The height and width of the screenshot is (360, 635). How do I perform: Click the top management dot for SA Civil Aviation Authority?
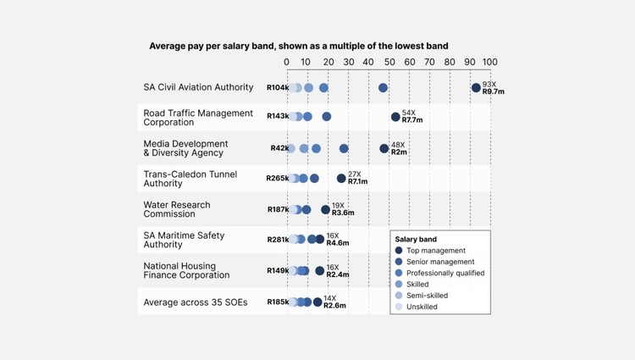pyautogui.click(x=476, y=87)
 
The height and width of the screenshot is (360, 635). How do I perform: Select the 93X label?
pyautogui.click(x=489, y=84)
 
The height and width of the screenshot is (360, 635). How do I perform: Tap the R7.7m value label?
pyautogui.click(x=412, y=120)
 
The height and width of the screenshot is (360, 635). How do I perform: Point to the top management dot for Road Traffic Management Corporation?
pyautogui.click(x=395, y=117)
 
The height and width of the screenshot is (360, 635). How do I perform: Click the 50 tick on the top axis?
pyautogui.click(x=389, y=62)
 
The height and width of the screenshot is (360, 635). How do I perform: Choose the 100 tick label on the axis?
pyautogui.click(x=490, y=62)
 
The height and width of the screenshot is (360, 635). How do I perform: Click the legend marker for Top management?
pyautogui.click(x=399, y=250)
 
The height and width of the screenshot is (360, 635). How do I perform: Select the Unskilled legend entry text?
pyautogui.click(x=422, y=307)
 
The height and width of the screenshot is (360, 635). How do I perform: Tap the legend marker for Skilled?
pyautogui.click(x=399, y=285)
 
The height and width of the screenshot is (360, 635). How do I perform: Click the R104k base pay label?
pyautogui.click(x=278, y=87)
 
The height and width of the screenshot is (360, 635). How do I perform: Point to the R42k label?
pyautogui.click(x=279, y=148)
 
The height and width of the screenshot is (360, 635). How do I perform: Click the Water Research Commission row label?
pyautogui.click(x=177, y=209)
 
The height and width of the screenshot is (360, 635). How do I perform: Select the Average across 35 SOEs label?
pyautogui.click(x=196, y=302)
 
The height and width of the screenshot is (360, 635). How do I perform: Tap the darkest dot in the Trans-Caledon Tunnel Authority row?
pyautogui.click(x=341, y=178)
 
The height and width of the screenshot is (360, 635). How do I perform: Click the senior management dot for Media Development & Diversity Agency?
pyautogui.click(x=344, y=148)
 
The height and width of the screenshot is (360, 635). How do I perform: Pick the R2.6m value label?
pyautogui.click(x=334, y=305)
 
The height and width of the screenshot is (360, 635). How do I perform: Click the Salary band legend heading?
pyautogui.click(x=416, y=240)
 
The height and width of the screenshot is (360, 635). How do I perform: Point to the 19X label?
pyautogui.click(x=338, y=206)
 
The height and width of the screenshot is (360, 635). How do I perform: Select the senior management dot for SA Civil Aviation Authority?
pyautogui.click(x=383, y=87)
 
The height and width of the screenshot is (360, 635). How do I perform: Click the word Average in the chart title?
pyautogui.click(x=167, y=46)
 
